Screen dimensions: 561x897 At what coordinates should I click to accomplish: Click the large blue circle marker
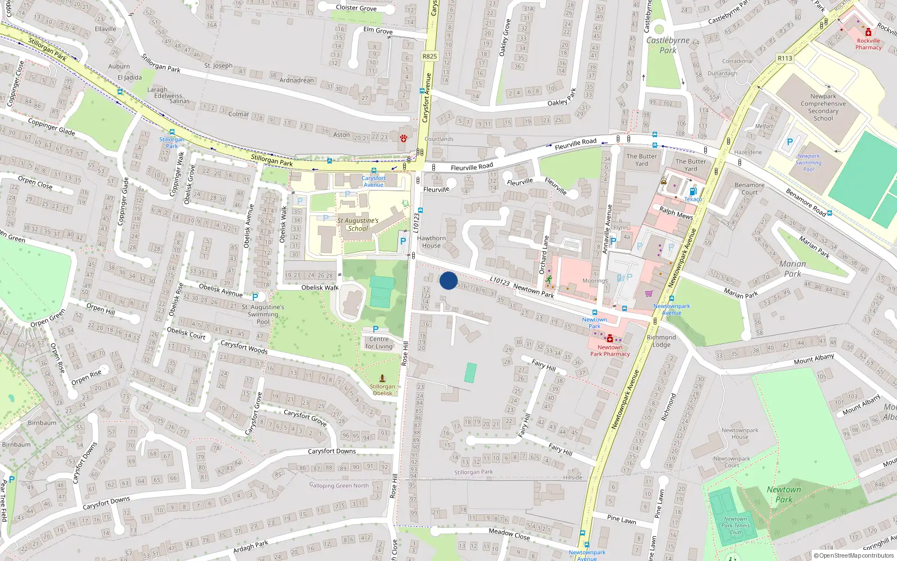pyautogui.click(x=448, y=280)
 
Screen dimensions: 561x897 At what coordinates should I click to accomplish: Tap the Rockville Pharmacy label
pyautogui.click(x=868, y=44)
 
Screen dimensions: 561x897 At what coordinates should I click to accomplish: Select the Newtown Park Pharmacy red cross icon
pyautogui.click(x=610, y=338)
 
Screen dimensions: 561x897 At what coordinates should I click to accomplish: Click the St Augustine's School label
pyautogui.click(x=358, y=224)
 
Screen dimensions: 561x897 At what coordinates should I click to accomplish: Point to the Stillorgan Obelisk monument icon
pyautogui.click(x=382, y=378)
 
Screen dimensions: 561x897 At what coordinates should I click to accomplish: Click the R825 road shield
pyautogui.click(x=429, y=56)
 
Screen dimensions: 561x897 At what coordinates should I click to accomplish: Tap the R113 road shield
pyautogui.click(x=785, y=58)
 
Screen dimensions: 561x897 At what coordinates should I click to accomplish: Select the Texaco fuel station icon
pyautogui.click(x=693, y=192)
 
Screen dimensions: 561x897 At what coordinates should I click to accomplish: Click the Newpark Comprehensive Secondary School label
pyautogui.click(x=823, y=107)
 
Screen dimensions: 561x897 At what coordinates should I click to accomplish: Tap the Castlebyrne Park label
pyautogui.click(x=668, y=45)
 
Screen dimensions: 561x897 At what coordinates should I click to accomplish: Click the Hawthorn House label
pyautogui.click(x=431, y=242)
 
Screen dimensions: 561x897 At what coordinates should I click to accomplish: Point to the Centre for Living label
pyautogui.click(x=379, y=343)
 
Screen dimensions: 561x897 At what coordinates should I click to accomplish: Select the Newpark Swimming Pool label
pyautogui.click(x=808, y=163)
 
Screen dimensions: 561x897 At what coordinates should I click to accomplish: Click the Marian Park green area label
pyautogui.click(x=792, y=269)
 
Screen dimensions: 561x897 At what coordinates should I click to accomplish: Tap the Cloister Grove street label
pyautogui.click(x=356, y=8)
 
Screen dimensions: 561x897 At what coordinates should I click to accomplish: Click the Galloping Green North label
pyautogui.click(x=339, y=486)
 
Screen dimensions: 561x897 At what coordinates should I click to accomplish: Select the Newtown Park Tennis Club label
pyautogui.click(x=735, y=526)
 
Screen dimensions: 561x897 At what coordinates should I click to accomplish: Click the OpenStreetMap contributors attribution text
pyautogui.click(x=854, y=556)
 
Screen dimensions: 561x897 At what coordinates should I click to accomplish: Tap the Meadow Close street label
pyautogui.click(x=509, y=534)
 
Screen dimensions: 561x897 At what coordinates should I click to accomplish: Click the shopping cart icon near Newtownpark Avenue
pyautogui.click(x=649, y=293)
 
